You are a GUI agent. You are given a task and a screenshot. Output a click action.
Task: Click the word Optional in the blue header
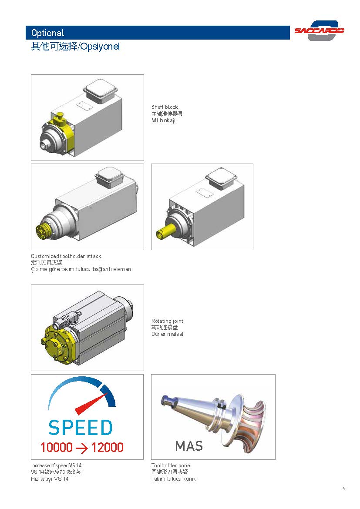pyautogui.click(x=48, y=33)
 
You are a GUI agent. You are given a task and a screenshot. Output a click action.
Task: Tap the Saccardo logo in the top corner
pyautogui.click(x=320, y=30)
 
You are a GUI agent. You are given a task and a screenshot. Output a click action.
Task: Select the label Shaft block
pyautogui.click(x=165, y=107)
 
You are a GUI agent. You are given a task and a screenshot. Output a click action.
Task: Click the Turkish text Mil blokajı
pyautogui.click(x=163, y=121)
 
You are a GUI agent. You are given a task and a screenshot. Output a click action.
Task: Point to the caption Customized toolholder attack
pyautogui.click(x=66, y=256)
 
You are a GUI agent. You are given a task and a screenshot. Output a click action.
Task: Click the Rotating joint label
pyautogui.click(x=167, y=321)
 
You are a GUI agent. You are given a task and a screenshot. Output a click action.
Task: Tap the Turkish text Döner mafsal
pyautogui.click(x=167, y=334)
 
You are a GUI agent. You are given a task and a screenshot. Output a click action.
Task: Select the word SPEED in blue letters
pyautogui.click(x=80, y=428)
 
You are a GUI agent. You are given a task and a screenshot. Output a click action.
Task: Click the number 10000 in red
pyautogui.click(x=57, y=447)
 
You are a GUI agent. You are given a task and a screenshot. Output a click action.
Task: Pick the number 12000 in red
pyautogui.click(x=108, y=447)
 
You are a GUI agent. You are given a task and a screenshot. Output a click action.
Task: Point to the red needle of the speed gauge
pyautogui.click(x=91, y=404)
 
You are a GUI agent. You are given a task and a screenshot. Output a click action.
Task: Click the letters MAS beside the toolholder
pyautogui.click(x=189, y=445)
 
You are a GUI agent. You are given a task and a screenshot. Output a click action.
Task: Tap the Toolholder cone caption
pyautogui.click(x=171, y=465)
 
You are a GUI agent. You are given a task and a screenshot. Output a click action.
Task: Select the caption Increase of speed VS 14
pyautogui.click(x=56, y=465)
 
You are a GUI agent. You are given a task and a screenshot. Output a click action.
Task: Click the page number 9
pyautogui.click(x=344, y=489)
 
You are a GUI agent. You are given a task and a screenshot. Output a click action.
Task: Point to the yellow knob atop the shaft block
pyautogui.click(x=60, y=117)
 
